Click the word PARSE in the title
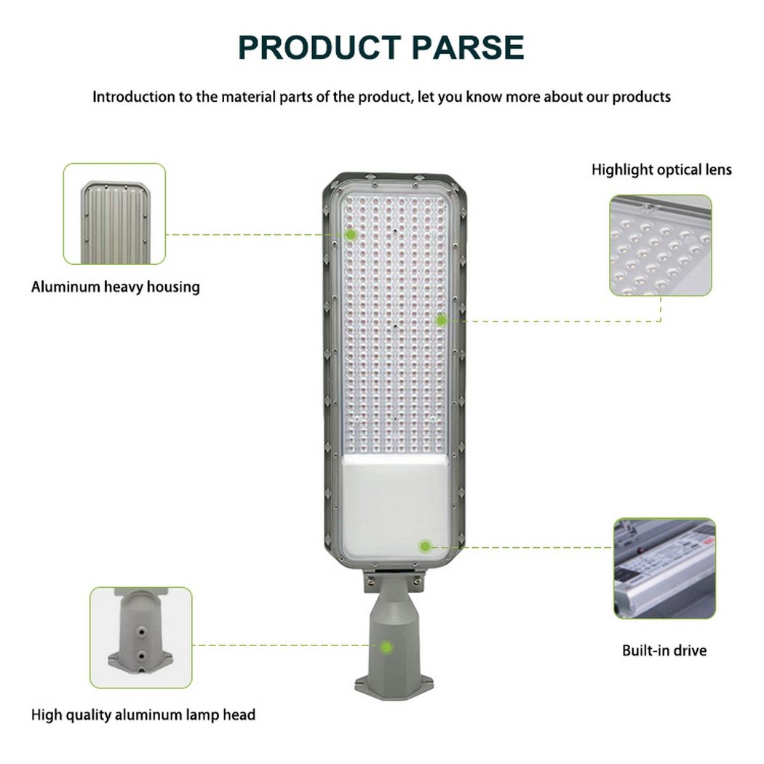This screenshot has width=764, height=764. click(468, 48)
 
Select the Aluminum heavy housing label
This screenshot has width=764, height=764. click(116, 287)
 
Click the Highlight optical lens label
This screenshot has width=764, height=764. click(661, 170)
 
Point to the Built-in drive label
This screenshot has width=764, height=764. click(664, 650)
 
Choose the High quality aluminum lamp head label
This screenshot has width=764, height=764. click(143, 715)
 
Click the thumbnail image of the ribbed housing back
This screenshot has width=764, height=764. click(114, 214)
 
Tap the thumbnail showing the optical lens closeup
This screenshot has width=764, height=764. click(661, 245)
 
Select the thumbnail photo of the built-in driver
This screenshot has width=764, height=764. click(664, 568)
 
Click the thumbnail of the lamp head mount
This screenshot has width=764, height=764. click(141, 637)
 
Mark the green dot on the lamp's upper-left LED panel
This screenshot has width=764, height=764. click(350, 235)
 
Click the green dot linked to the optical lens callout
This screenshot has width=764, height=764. click(442, 320)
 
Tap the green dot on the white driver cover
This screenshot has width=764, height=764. click(426, 546)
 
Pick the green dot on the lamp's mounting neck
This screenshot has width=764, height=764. click(387, 647)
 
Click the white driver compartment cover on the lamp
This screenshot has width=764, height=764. click(394, 506)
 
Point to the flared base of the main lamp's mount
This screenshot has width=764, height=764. click(394, 685)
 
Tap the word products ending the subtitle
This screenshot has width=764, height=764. click(641, 97)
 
